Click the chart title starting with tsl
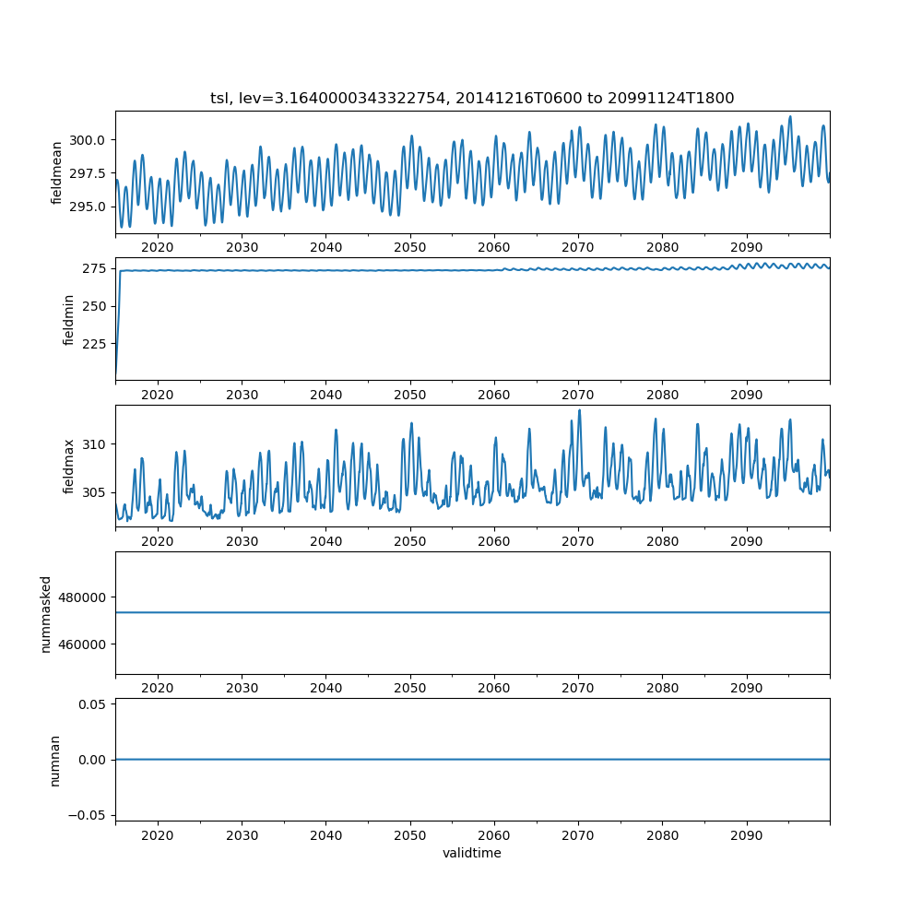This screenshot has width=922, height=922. click(x=472, y=99)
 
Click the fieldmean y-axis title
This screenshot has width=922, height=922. click(x=57, y=172)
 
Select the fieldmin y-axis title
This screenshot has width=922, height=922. click(x=68, y=319)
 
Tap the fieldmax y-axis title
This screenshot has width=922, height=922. click(x=68, y=467)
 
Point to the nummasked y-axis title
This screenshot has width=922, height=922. click(x=45, y=614)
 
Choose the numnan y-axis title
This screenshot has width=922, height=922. click(x=54, y=760)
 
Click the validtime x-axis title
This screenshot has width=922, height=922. click(x=472, y=853)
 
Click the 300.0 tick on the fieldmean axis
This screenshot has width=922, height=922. click(x=89, y=140)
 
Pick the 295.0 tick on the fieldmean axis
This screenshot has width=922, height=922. click(x=89, y=207)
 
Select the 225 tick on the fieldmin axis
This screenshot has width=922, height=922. click(x=96, y=344)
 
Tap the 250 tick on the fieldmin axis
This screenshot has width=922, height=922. click(x=96, y=306)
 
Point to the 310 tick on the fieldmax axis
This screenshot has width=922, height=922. click(x=96, y=444)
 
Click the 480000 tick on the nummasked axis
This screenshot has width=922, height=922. click(x=85, y=597)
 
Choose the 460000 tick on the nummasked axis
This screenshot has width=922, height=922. click(x=85, y=644)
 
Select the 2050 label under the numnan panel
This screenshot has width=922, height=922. click(x=410, y=834)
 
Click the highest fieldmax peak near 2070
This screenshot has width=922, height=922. click(x=579, y=410)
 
